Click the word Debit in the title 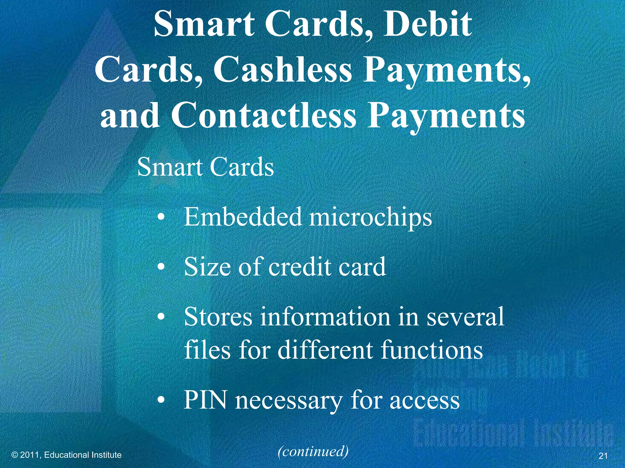(427, 24)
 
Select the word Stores (218, 317)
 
